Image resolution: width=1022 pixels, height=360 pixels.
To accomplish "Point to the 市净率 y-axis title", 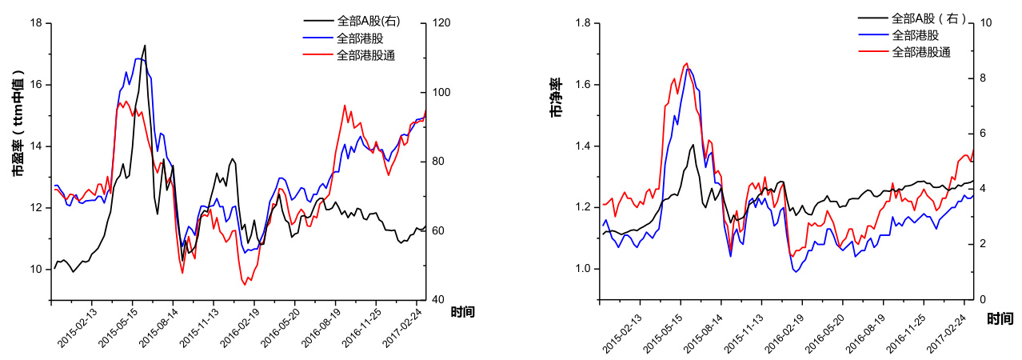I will [x=554, y=98].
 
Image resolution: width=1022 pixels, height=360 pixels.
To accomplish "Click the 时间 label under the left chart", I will [x=462, y=312].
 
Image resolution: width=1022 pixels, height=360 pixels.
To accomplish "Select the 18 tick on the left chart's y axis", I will [x=35, y=23].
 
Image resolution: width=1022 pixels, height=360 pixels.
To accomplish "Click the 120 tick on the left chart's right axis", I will [x=441, y=23].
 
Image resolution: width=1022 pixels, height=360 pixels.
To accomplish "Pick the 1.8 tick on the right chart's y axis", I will [x=583, y=23].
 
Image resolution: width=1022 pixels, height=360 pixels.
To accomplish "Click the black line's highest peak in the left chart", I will [x=145, y=46].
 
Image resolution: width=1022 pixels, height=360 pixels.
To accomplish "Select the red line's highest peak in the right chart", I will [x=687, y=63].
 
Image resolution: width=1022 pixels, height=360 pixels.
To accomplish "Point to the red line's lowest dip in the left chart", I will [x=245, y=285].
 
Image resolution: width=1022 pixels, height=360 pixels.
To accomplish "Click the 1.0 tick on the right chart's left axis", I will [x=583, y=269].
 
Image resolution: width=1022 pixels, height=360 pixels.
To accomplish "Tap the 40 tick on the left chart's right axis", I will [x=438, y=300].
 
